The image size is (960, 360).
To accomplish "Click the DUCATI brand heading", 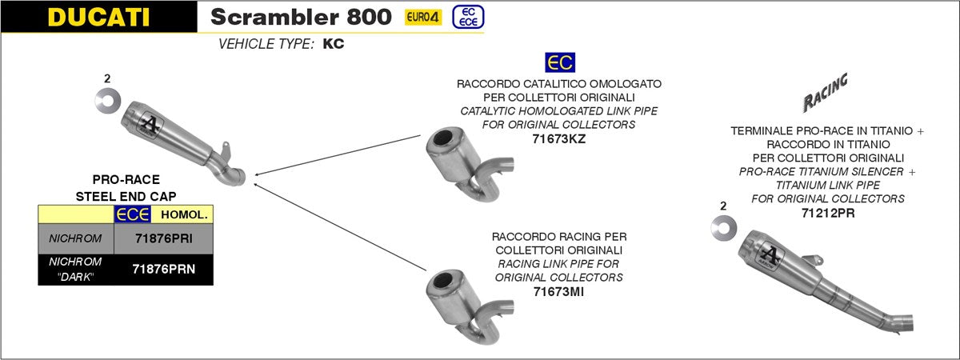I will (98, 17).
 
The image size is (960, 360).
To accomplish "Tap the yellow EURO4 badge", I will (423, 17).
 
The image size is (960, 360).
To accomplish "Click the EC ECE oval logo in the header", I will (467, 17).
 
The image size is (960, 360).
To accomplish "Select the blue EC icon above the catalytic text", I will (559, 63).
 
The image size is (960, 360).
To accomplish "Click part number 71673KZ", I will (558, 138).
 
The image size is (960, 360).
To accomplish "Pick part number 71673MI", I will (558, 291).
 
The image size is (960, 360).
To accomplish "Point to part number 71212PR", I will (828, 213).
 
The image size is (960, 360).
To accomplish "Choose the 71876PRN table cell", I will (164, 270).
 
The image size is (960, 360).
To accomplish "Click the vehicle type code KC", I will (334, 45).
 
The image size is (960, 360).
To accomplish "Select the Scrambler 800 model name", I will (301, 17).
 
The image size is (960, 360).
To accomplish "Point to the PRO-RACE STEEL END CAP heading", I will (126, 188).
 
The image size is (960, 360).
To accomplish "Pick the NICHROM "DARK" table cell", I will (75, 270).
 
